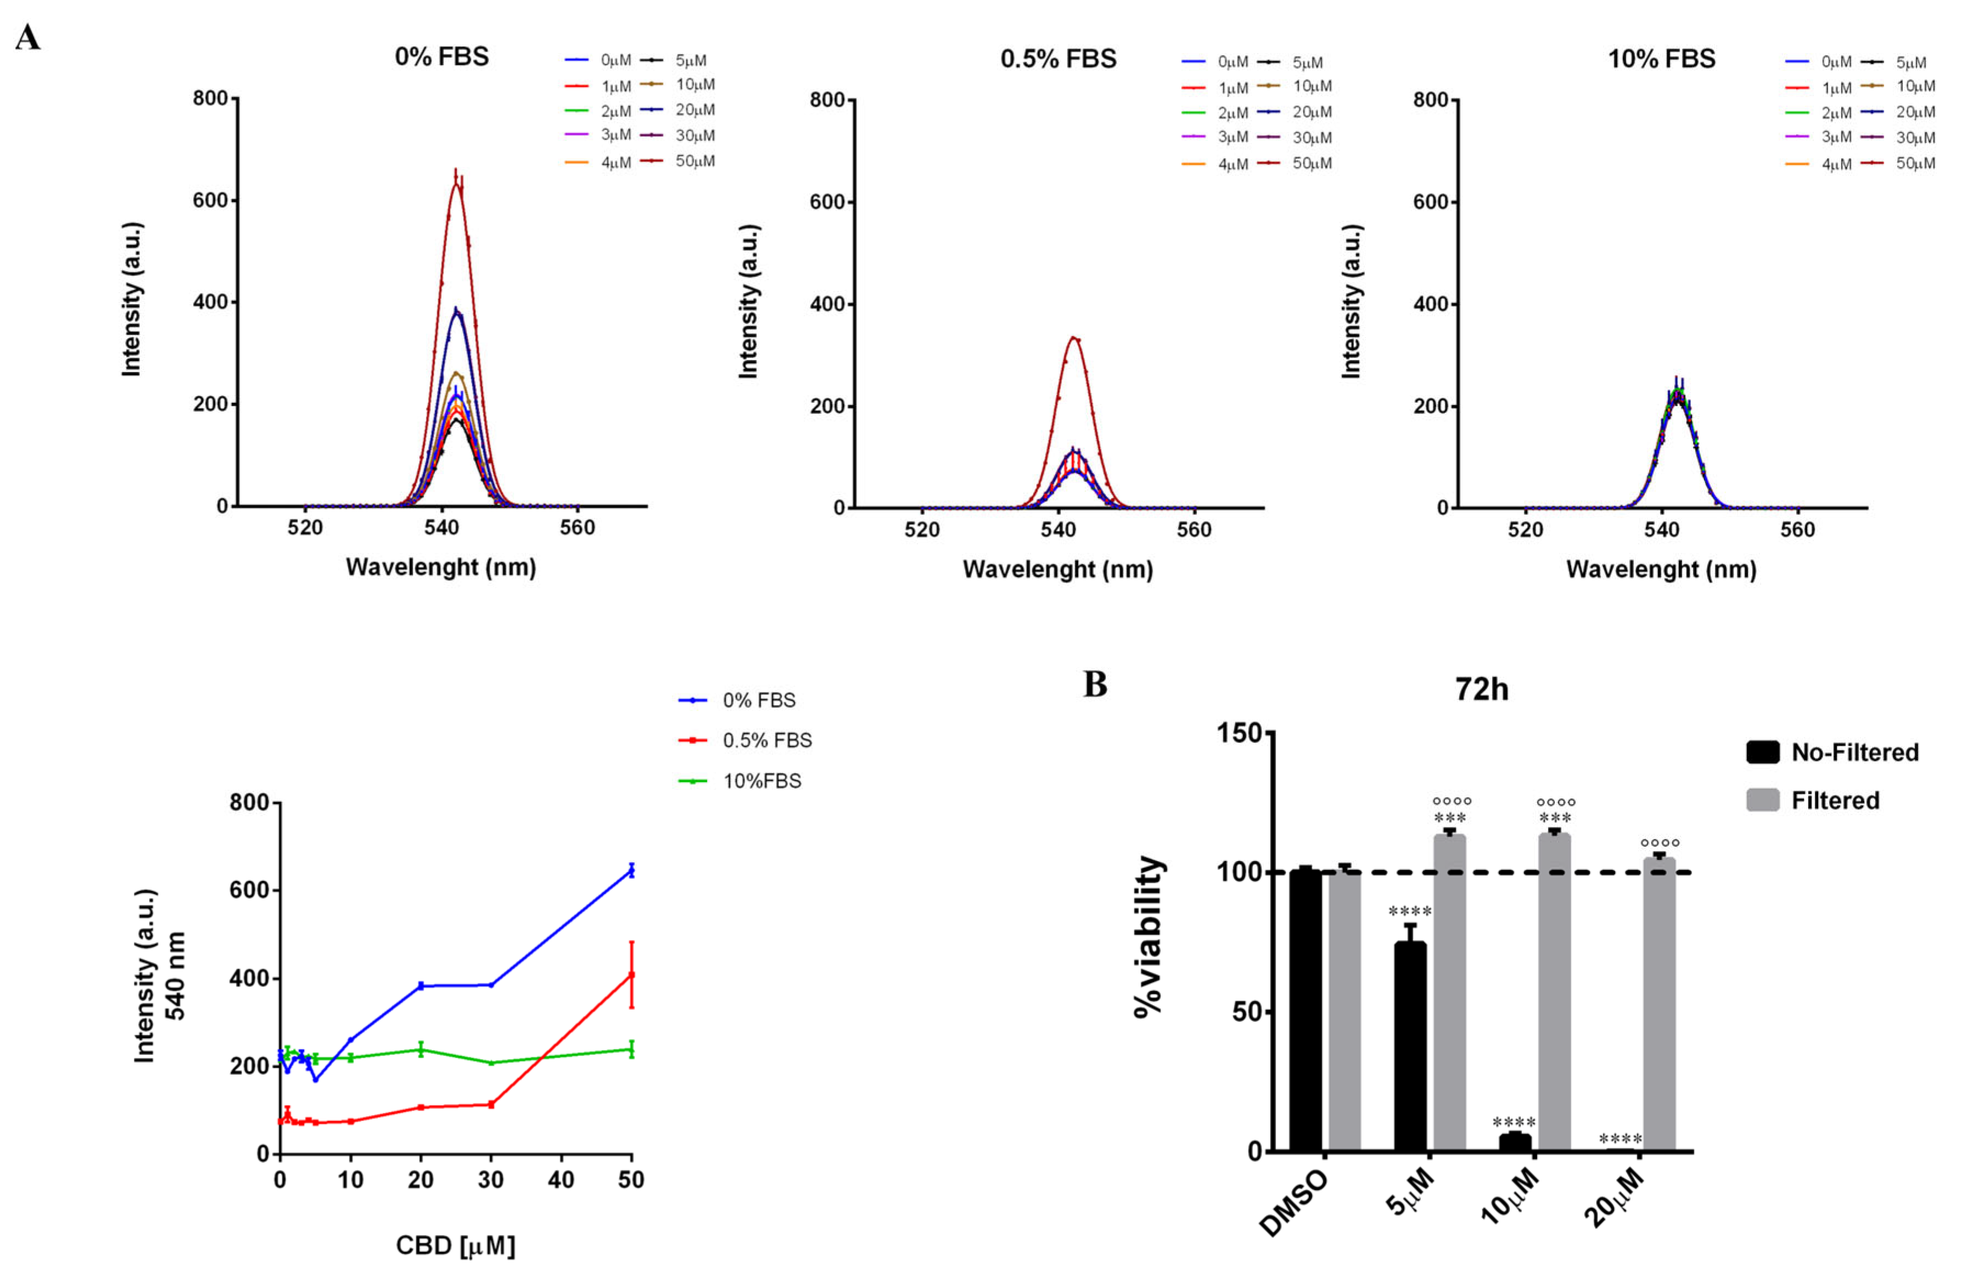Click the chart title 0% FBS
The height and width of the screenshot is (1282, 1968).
click(442, 56)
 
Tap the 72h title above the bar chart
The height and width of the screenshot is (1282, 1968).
click(1481, 689)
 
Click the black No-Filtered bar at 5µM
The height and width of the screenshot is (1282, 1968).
click(1410, 1046)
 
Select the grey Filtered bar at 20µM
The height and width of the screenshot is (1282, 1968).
click(1658, 1005)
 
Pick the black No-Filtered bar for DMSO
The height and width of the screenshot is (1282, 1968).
click(1306, 1011)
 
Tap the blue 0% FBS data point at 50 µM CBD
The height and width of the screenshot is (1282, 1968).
click(632, 871)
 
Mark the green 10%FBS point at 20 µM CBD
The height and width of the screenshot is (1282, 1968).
click(421, 1050)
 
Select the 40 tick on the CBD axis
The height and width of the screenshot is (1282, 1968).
click(561, 1179)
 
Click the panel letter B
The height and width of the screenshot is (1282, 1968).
click(1095, 685)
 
